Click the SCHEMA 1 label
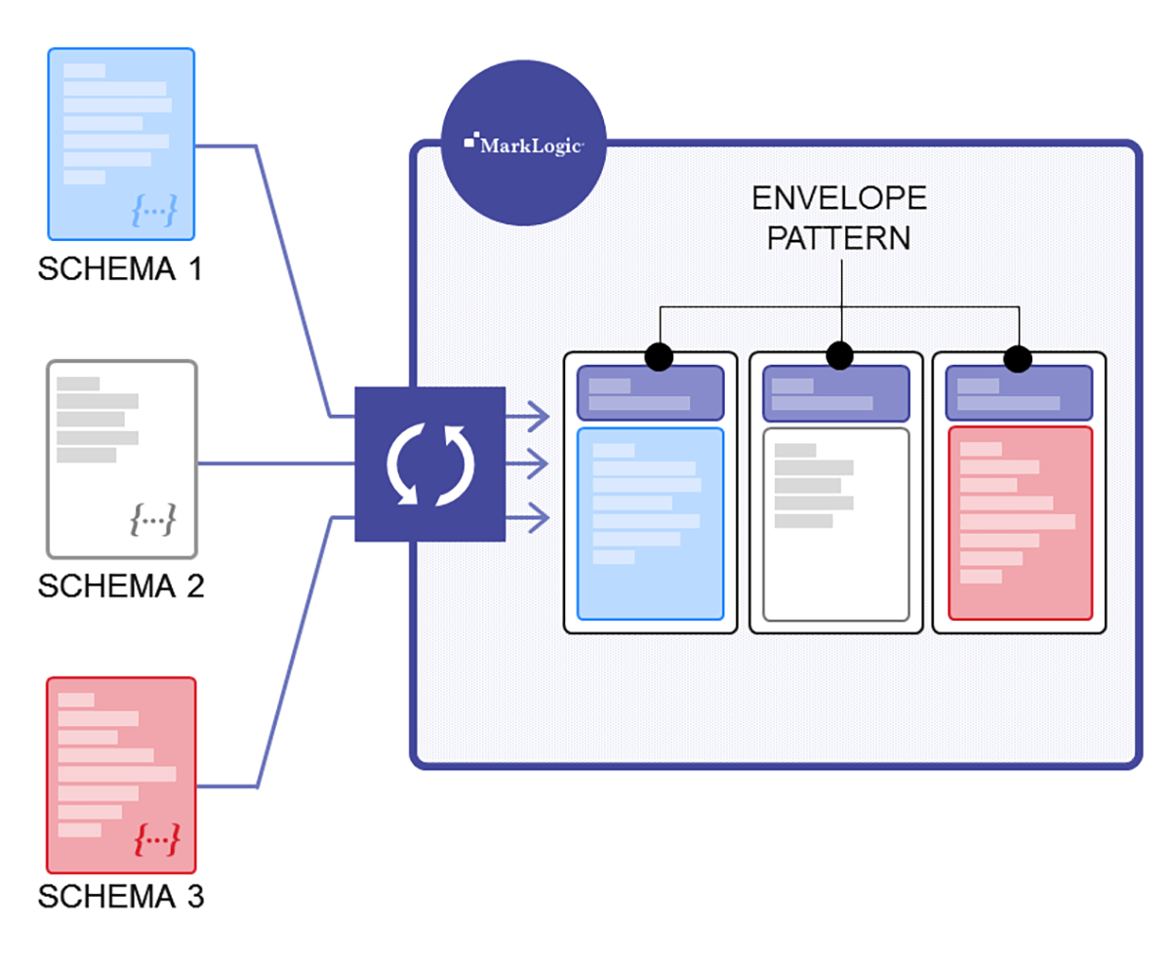120,268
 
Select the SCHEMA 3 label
120,897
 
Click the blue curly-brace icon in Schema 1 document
155,209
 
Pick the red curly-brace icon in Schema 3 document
157,838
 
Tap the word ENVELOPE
838,199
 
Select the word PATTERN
838,238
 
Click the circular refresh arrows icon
429,464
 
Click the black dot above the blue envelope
660,357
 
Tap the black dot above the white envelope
839,356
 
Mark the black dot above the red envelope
1019,358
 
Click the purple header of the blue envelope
650,393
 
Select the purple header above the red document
1019,393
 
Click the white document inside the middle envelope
835,524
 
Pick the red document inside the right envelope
1020,523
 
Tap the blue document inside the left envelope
650,524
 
